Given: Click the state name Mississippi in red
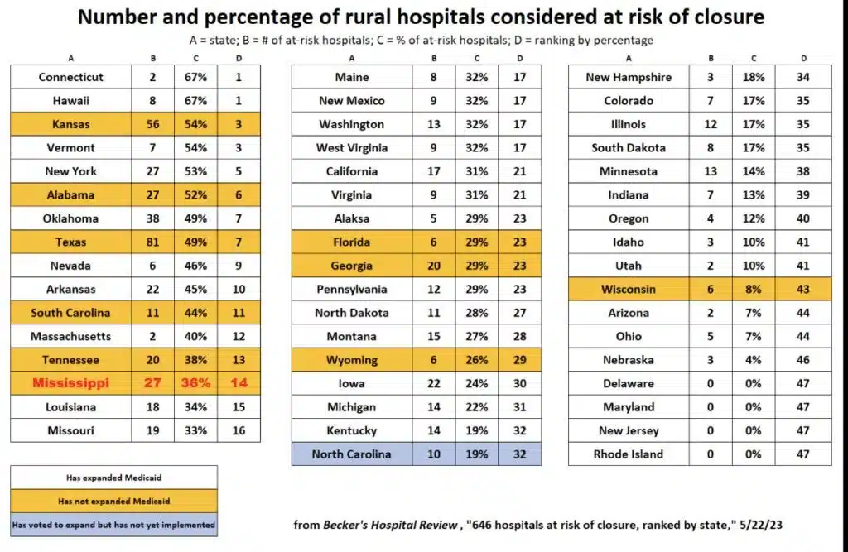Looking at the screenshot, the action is coord(71,383).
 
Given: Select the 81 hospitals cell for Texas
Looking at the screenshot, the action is coord(153,242).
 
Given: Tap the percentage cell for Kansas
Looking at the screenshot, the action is coord(195,124).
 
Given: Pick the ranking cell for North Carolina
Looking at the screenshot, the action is coord(520,454).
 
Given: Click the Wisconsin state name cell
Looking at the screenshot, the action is coord(629,290).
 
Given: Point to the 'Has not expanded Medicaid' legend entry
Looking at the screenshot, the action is coord(114,502).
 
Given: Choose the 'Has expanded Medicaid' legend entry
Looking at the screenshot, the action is coord(114,478).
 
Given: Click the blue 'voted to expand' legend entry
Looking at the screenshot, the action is coord(114,525).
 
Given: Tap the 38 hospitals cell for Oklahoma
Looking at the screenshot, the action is coord(153,218).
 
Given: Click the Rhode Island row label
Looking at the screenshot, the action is coord(629,454).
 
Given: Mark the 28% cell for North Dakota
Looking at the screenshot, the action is coord(476,313).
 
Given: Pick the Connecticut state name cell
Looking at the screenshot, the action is coord(71,77).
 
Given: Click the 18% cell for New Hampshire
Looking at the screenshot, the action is coord(754,77).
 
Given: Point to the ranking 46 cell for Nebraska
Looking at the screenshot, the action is coord(803,360).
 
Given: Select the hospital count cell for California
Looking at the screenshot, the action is coord(434,171).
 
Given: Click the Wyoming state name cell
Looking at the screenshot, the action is coord(351,360).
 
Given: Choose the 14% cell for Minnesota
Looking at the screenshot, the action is coord(754,171).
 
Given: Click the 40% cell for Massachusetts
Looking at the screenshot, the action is coord(195,336).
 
